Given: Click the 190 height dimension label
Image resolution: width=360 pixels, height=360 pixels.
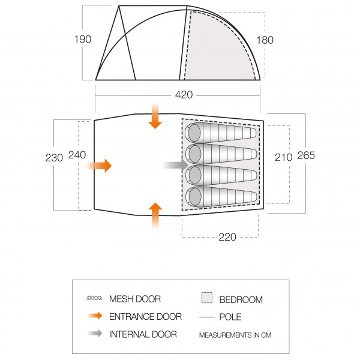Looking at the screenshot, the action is tap(83, 39).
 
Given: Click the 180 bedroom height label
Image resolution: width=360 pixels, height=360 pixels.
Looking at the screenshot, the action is tap(265, 40).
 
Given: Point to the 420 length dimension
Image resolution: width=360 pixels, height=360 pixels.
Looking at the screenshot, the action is tap(184, 95).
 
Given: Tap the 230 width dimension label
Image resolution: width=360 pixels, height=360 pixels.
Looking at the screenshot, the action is tap(54, 158).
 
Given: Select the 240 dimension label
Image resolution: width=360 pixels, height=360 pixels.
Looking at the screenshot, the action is tap(77, 155).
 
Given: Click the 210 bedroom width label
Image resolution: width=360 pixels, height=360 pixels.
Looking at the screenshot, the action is tap(284, 157).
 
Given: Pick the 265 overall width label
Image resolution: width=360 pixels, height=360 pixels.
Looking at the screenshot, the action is tap(306, 155).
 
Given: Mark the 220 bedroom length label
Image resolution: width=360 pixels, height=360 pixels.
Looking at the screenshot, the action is tap(227, 237).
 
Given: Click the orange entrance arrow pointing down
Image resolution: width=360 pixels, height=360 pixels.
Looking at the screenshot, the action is tap(155, 116).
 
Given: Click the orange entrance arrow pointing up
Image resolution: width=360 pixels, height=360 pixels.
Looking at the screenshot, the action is tap(155, 215).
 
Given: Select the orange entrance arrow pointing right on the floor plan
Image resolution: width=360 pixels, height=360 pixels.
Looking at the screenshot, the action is tap(99, 166).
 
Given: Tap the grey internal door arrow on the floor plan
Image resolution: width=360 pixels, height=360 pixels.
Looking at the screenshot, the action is tap(175, 165).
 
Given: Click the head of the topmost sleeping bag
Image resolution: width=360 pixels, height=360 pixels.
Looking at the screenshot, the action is tap(194, 133).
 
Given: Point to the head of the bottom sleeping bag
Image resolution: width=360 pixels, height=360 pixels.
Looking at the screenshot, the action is tap(194, 197).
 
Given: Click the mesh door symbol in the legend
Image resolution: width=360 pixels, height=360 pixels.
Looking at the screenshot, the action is tap(94, 298).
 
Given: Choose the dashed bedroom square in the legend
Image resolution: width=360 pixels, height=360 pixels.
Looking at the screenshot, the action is tap(207, 298).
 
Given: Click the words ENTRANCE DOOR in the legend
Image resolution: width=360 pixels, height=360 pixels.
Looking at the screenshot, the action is tap(145, 317).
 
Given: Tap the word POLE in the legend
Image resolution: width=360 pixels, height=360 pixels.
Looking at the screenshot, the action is tap(230, 317).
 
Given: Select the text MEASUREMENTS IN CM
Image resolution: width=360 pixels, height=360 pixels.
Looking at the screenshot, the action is tap(235, 335).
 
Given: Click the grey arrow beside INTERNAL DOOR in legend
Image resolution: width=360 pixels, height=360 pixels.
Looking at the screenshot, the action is tap(95, 334).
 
